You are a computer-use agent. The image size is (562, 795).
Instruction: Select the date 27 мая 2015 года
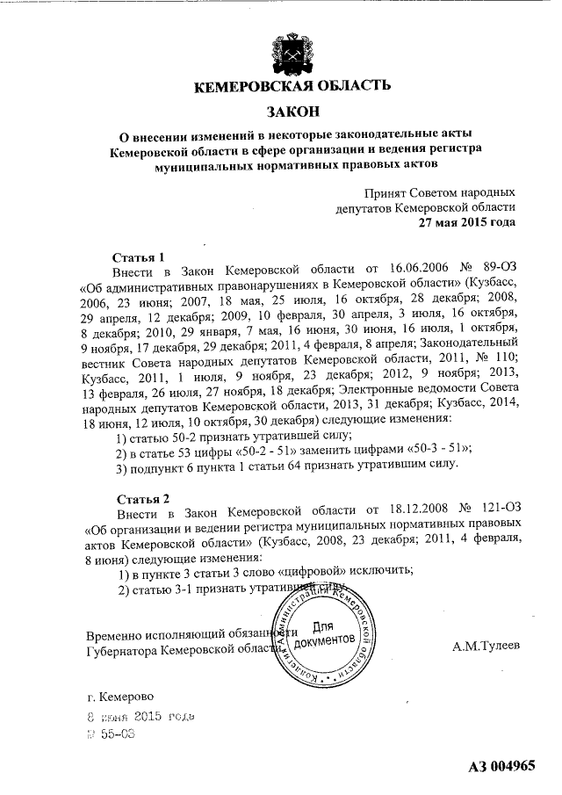click(466, 222)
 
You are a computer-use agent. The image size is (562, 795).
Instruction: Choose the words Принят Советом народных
click(439, 192)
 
